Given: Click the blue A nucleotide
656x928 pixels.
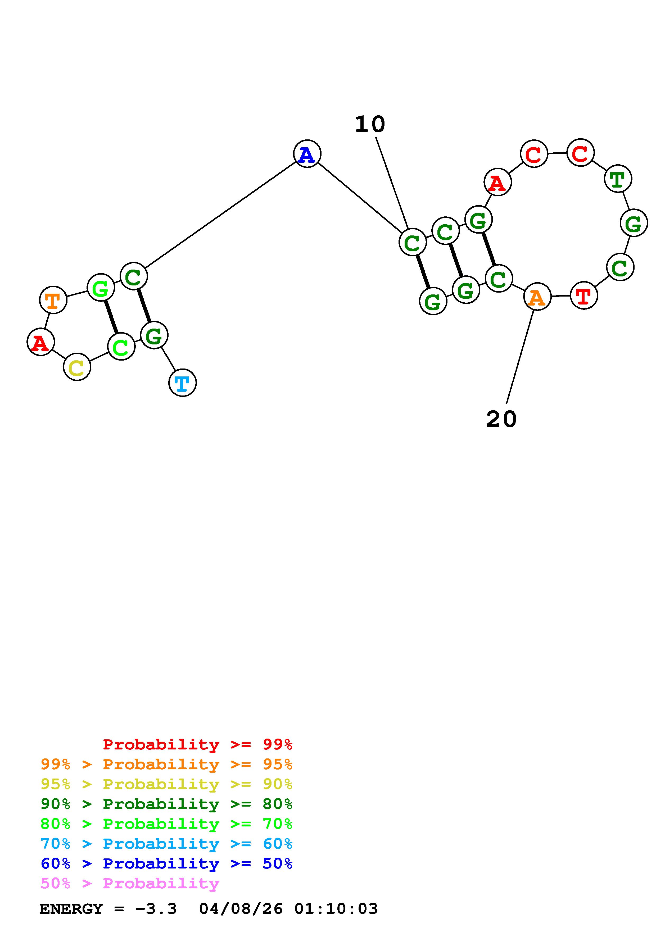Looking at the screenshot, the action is click(x=307, y=154).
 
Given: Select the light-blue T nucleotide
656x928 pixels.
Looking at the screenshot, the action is click(x=182, y=383).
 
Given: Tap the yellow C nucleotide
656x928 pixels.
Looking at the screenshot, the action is click(x=77, y=367).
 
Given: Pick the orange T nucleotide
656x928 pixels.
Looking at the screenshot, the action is click(x=53, y=300).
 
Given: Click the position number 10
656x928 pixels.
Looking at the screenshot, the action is click(x=370, y=124).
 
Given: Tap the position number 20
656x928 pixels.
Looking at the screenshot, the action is click(x=501, y=419).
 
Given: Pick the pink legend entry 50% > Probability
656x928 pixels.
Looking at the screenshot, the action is click(x=130, y=884).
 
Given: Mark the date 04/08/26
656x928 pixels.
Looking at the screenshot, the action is click(x=241, y=909).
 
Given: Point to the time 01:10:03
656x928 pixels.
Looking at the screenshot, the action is click(x=336, y=909).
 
